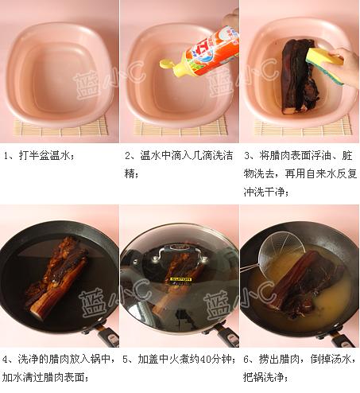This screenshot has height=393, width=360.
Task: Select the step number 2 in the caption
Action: [128, 156]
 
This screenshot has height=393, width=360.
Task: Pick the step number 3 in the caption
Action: [247, 156]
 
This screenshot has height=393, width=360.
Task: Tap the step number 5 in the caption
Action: [127, 359]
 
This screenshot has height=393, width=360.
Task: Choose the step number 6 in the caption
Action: [247, 359]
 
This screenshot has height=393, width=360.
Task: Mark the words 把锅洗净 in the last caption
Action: [263, 376]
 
